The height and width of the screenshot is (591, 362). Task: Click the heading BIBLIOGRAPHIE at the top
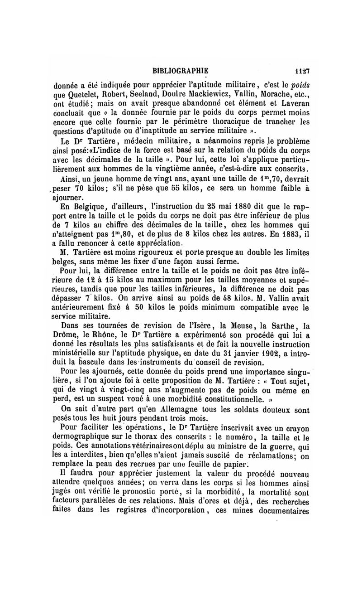click(x=181, y=71)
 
